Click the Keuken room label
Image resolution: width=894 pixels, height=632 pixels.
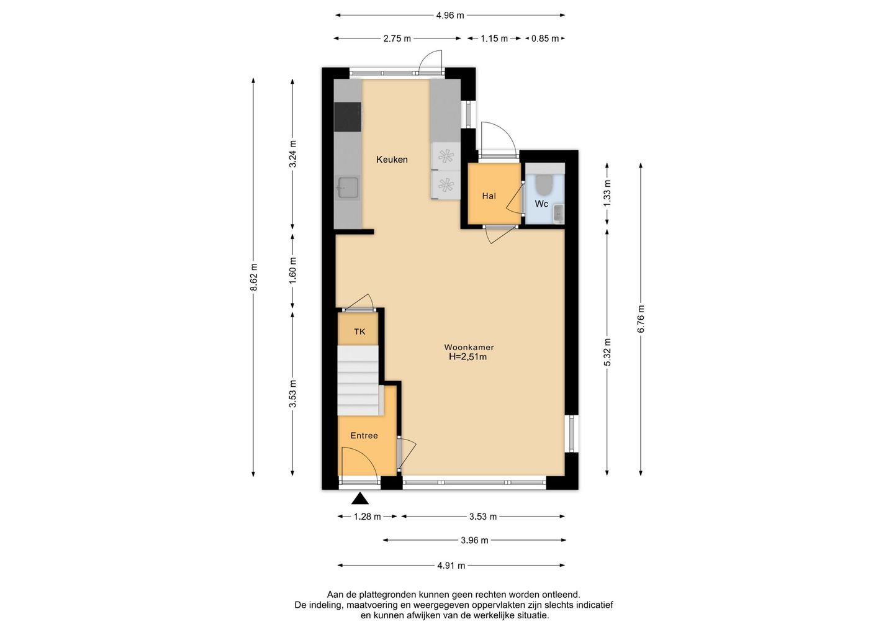click(x=392, y=160)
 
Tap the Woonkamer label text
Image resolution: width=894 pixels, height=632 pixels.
click(x=469, y=347)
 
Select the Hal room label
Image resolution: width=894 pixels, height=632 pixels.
click(x=489, y=196)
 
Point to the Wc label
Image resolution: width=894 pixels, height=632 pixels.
click(x=541, y=204)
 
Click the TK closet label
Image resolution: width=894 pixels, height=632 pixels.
click(x=359, y=332)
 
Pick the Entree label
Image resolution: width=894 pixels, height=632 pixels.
click(x=364, y=436)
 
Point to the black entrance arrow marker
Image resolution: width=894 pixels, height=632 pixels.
click(x=360, y=499)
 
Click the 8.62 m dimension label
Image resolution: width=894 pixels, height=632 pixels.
click(x=254, y=278)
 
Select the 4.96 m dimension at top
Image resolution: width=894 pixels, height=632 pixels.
click(x=450, y=16)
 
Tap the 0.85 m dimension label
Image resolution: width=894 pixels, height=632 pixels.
click(x=545, y=38)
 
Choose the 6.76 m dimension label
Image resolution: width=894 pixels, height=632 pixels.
click(x=641, y=318)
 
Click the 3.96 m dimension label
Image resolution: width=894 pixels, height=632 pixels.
click(x=474, y=540)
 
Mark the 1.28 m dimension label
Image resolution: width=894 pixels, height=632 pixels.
click(x=367, y=517)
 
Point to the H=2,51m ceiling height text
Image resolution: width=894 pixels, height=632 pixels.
click(x=467, y=357)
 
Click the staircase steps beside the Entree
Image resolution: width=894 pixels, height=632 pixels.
click(x=358, y=380)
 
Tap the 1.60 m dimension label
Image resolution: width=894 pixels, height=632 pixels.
click(x=293, y=270)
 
